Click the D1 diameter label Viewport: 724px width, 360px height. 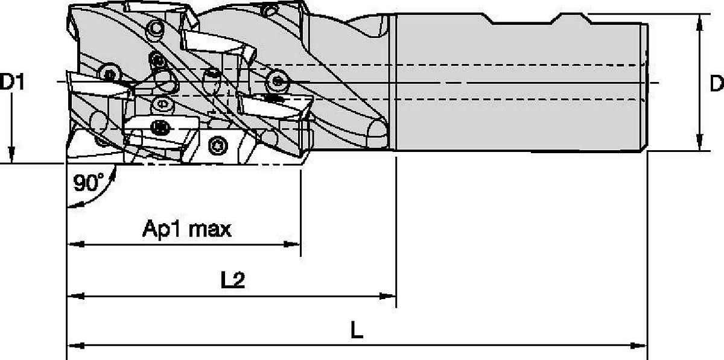12,82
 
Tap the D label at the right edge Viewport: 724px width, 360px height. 717,83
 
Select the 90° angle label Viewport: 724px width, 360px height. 89,183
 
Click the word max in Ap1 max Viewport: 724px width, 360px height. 210,230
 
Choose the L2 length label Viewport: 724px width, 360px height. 233,280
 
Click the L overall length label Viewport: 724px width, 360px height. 357,330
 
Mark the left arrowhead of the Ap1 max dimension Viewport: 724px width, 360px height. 75,244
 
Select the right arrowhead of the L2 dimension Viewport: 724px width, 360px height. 387,295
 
